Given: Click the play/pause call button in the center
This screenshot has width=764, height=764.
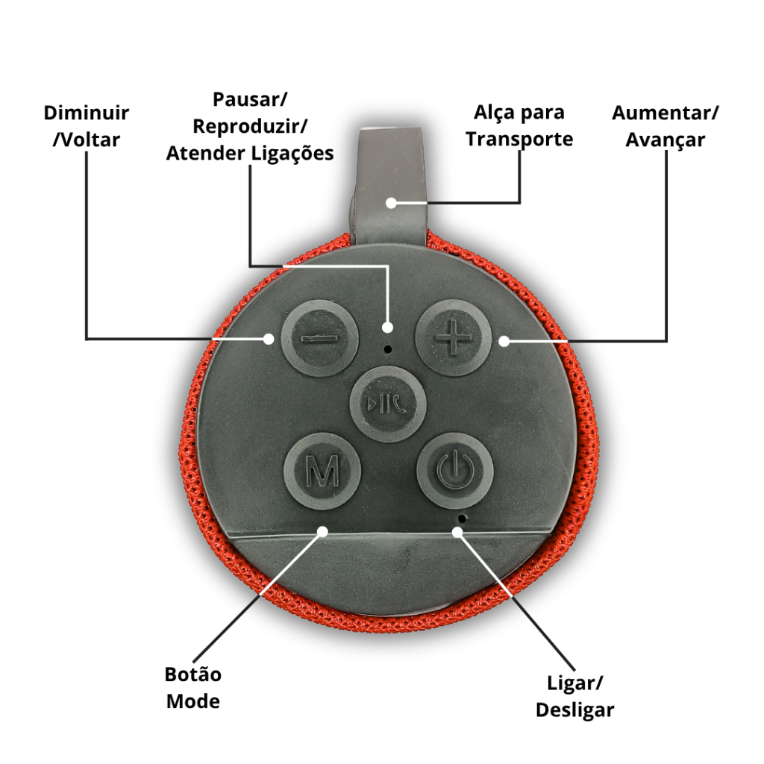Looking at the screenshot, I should tap(388, 404).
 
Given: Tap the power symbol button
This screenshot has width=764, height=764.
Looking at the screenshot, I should tap(454, 470).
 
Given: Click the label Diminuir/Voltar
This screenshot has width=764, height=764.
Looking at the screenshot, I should tap(86, 126).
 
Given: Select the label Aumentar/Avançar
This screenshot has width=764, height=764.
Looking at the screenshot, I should tap(665, 126).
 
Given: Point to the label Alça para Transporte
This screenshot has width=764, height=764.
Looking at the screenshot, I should tap(519, 126).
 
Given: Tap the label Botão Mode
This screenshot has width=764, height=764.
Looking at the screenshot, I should tap(193, 688).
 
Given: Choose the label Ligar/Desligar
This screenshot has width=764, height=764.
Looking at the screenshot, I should tap(574, 696).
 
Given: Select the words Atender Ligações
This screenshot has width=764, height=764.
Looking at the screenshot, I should tap(250, 153).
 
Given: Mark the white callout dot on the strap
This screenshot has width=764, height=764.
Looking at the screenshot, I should tap(391, 202).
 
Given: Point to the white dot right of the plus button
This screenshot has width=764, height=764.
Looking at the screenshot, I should tap(504, 341).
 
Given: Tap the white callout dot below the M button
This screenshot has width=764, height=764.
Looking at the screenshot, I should tap(323, 531).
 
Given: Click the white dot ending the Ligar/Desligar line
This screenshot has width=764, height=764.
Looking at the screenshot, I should tap(457, 531).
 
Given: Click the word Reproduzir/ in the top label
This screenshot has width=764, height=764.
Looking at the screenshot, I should tap(250, 126).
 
